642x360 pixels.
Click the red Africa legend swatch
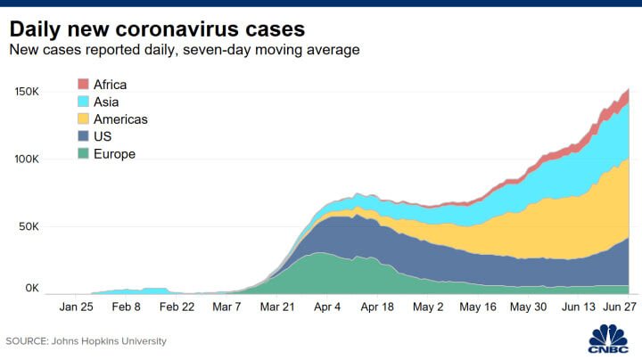(83, 84)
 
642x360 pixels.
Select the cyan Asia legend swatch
(83, 102)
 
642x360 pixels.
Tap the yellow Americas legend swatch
(83, 119)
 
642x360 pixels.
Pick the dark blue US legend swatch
(83, 135)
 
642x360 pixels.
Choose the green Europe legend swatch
(83, 153)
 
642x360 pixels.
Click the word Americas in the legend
(120, 119)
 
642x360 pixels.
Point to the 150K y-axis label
(27, 91)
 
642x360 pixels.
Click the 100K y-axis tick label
(27, 159)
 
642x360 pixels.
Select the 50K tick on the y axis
(29, 226)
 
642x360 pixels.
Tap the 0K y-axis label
(32, 288)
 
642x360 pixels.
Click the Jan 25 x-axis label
(76, 307)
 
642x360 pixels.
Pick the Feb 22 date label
(177, 307)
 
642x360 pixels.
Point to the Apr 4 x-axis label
(327, 307)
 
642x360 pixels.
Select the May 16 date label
(478, 307)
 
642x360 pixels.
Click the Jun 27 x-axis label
(620, 307)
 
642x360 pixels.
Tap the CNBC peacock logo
(608, 339)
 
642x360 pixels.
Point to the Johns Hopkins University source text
(109, 341)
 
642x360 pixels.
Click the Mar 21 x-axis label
(277, 307)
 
